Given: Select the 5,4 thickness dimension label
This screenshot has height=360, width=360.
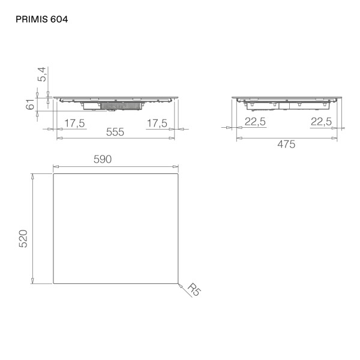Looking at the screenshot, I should click(41, 74).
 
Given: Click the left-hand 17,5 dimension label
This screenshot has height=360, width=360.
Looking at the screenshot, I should click(74, 123).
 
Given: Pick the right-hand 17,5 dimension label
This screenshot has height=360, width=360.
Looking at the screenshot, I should click(156, 123).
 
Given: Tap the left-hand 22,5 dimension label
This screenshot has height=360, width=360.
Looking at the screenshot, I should click(255, 122).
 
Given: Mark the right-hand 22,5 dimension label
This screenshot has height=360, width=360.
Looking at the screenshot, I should click(321, 122).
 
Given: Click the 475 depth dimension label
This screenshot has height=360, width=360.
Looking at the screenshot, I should click(286, 145).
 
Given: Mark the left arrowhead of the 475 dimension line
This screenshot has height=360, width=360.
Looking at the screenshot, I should click(238, 139).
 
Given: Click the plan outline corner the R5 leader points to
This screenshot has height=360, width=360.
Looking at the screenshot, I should click(179, 283).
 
